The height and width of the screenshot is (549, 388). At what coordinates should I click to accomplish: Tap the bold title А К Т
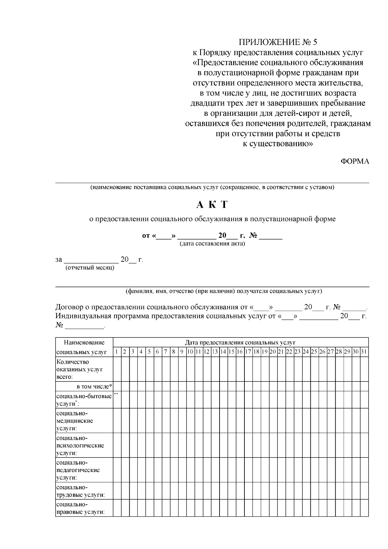point(212,204)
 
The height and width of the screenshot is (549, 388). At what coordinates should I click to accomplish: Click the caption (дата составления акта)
point(212,244)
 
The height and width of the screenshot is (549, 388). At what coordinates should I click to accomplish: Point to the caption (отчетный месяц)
point(90,268)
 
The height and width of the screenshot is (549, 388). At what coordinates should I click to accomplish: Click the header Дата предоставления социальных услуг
point(240,342)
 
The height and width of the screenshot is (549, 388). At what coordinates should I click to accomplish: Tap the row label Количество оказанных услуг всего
point(80,369)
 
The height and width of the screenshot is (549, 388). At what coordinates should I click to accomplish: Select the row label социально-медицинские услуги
point(75,421)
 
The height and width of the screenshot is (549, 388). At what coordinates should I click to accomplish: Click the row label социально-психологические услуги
point(80,445)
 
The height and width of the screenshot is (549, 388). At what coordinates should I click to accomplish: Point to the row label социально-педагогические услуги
point(78,470)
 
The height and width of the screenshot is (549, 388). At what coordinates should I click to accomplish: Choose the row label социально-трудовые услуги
point(81,491)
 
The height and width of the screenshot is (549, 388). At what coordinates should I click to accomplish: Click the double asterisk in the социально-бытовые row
point(116,394)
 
